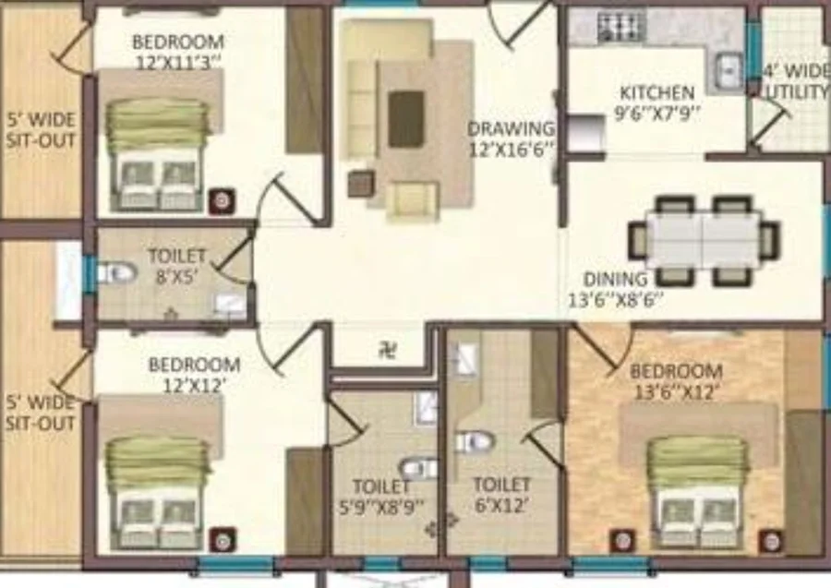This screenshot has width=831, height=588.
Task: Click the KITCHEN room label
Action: (x=657, y=92)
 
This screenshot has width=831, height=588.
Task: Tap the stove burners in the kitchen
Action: (x=621, y=27)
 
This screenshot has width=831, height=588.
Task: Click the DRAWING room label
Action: (x=512, y=128)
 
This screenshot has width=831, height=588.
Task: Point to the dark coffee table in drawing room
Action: (x=406, y=119)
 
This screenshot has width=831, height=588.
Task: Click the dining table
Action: (x=704, y=241)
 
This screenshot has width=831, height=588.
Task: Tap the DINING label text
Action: (x=615, y=279)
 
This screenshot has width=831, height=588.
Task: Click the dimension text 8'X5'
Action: (x=176, y=277)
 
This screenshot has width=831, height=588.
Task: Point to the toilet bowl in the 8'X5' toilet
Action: (x=115, y=273)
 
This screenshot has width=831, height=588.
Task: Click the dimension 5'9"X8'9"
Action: (x=382, y=507)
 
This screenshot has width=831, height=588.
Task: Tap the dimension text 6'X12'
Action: (x=501, y=505)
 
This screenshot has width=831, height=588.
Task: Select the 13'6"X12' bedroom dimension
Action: (x=676, y=392)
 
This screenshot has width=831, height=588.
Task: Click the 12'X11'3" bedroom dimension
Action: (x=178, y=63)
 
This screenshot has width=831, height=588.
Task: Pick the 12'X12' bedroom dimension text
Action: (x=192, y=385)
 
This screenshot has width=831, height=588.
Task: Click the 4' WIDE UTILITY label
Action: (x=795, y=81)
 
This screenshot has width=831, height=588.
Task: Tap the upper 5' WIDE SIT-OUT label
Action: (x=41, y=130)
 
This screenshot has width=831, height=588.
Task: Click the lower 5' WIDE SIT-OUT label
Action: (x=41, y=413)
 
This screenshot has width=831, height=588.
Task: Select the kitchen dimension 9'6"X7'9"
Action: (x=657, y=114)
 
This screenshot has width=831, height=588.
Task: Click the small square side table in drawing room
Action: (x=361, y=184)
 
